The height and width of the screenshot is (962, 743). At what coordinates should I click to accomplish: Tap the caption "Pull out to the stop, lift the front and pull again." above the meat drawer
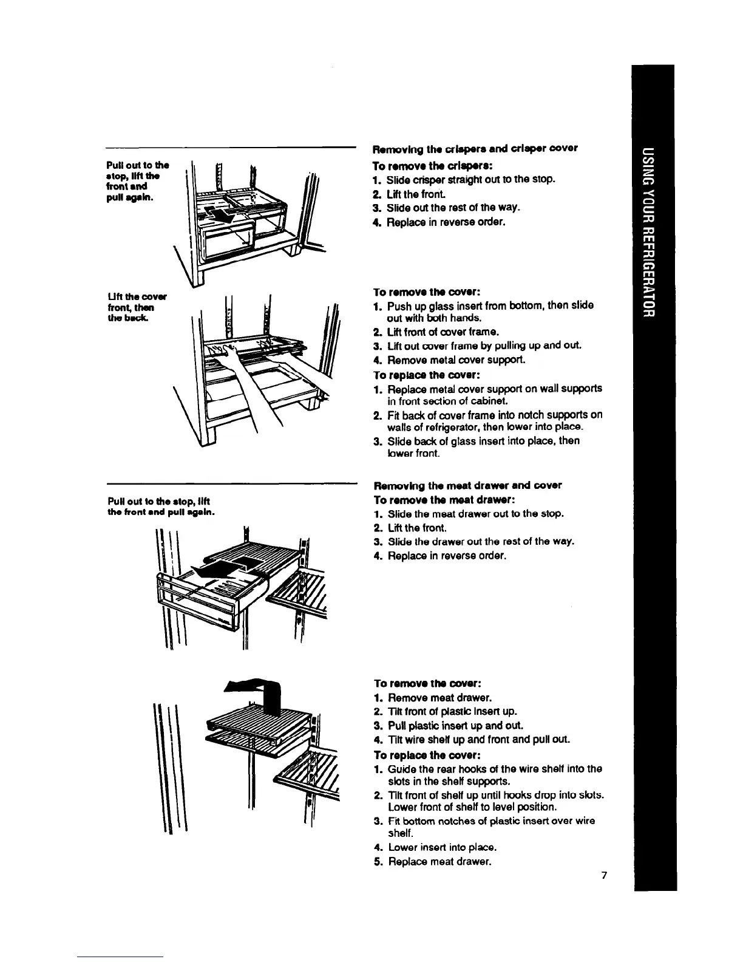[x=161, y=507]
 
